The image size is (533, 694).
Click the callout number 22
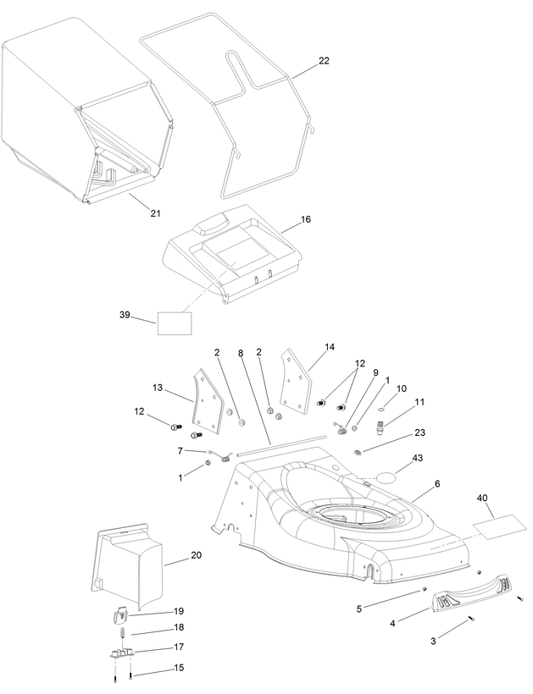pos(324,61)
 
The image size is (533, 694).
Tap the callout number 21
pos(155,212)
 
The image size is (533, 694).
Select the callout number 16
pos(305,219)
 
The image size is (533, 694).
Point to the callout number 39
pos(125,315)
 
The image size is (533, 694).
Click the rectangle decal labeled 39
pos(175,322)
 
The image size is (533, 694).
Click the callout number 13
pos(158,388)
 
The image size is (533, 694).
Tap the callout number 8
pos(241,352)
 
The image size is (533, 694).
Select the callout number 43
pos(417,458)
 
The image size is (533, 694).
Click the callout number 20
pos(196,555)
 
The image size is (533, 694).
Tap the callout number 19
pos(179,611)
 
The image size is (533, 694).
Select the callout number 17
pos(179,647)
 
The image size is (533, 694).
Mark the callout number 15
pos(179,668)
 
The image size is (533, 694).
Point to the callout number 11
pos(419,401)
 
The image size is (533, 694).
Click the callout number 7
pos(180,450)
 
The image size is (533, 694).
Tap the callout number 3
pos(433,642)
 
